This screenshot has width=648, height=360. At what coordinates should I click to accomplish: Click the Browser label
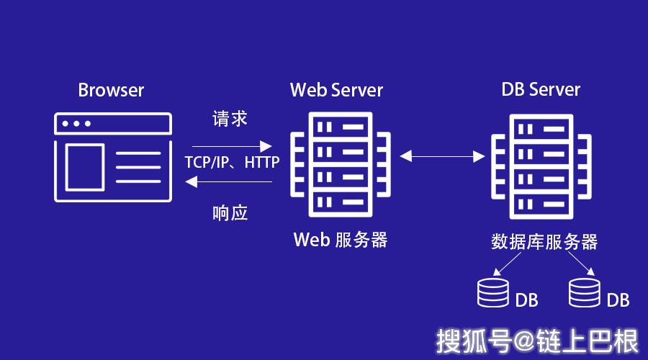click(x=111, y=90)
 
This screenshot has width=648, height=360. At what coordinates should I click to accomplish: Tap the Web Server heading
click(x=336, y=90)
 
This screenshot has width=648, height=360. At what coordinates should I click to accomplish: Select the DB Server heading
click(x=541, y=89)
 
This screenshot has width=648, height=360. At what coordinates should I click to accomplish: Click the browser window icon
click(x=114, y=156)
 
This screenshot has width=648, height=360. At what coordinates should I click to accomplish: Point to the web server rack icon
click(x=339, y=165)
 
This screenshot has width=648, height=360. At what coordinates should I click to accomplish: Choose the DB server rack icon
click(x=541, y=165)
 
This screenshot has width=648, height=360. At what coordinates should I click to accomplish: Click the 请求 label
click(x=230, y=119)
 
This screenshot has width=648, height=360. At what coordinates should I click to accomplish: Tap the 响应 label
click(x=230, y=213)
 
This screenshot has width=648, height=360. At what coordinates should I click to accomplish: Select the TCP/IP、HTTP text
click(x=232, y=163)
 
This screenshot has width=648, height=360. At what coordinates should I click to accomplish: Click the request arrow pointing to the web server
click(x=232, y=145)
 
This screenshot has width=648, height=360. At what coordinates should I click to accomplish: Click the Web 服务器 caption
click(x=340, y=240)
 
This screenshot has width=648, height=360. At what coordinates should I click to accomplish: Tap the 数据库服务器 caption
click(x=544, y=241)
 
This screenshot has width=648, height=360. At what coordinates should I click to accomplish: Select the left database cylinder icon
click(x=492, y=292)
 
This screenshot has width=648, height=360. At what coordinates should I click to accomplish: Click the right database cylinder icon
click(x=584, y=292)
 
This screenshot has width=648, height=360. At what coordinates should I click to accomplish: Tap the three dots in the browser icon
click(x=76, y=124)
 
